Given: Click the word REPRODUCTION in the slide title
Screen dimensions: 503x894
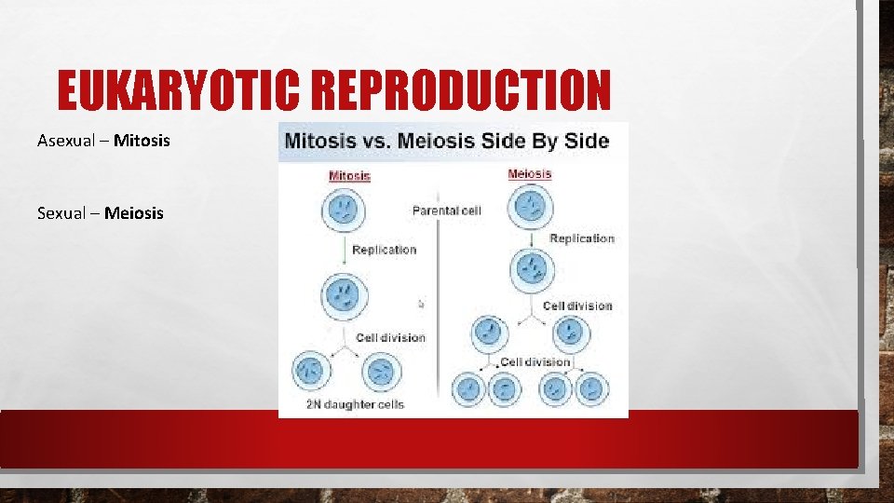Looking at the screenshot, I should pyautogui.click(x=462, y=91).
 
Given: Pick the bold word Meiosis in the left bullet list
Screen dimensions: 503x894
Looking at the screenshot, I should pyautogui.click(x=133, y=213).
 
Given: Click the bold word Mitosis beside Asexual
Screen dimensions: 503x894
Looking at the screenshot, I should pyautogui.click(x=142, y=141).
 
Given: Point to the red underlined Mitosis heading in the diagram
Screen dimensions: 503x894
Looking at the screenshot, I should pyautogui.click(x=349, y=175).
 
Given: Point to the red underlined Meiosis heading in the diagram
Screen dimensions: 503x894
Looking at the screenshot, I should pyautogui.click(x=529, y=173).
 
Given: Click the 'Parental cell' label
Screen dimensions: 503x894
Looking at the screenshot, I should pyautogui.click(x=446, y=211).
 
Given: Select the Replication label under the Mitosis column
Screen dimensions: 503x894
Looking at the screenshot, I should pyautogui.click(x=384, y=250).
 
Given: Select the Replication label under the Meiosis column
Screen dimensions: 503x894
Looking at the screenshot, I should pyautogui.click(x=581, y=238).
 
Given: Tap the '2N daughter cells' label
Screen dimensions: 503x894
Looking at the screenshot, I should pyautogui.click(x=355, y=404).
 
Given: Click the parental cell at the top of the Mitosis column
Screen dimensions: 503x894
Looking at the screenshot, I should pyautogui.click(x=343, y=210).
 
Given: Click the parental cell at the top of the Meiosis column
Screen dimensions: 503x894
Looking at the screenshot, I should pyautogui.click(x=532, y=206).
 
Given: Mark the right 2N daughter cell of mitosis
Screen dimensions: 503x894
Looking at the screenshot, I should pyautogui.click(x=380, y=371).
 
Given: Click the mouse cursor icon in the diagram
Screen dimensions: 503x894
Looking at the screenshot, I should pyautogui.click(x=421, y=303).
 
